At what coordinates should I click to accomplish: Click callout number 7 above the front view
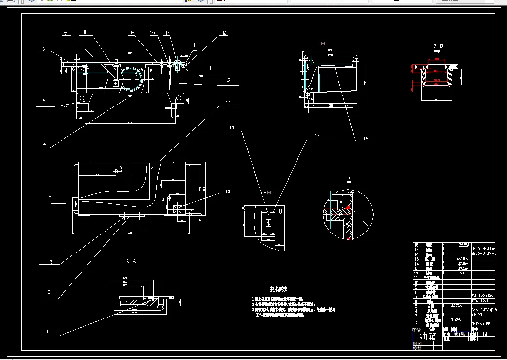tap(64, 34)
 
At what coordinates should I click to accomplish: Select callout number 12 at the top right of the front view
tap(225, 34)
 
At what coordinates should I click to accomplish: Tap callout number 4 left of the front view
tap(44, 144)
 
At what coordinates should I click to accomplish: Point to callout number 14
tap(228, 103)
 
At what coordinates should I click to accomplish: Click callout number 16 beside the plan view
tap(228, 191)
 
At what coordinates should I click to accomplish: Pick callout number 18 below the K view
tap(365, 139)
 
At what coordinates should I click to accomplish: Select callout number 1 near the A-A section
tap(47, 331)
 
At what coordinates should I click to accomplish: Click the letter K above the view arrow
tap(211, 68)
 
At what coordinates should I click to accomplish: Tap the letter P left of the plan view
tap(49, 198)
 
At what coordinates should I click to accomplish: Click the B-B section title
tap(438, 47)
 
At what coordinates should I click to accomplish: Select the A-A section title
tap(131, 262)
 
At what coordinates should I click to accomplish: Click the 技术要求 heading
tap(278, 289)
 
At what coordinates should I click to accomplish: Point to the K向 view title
tap(321, 43)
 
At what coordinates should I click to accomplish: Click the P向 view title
tap(267, 192)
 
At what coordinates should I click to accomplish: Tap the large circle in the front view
tap(132, 79)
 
